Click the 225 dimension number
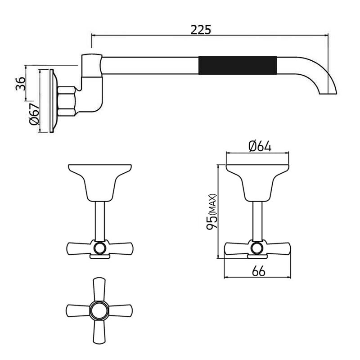[201, 30]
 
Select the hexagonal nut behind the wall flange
[67, 101]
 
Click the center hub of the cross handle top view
[99, 310]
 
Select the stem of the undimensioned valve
[100, 220]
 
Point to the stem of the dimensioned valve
[258, 220]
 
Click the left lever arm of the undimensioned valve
[78, 248]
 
